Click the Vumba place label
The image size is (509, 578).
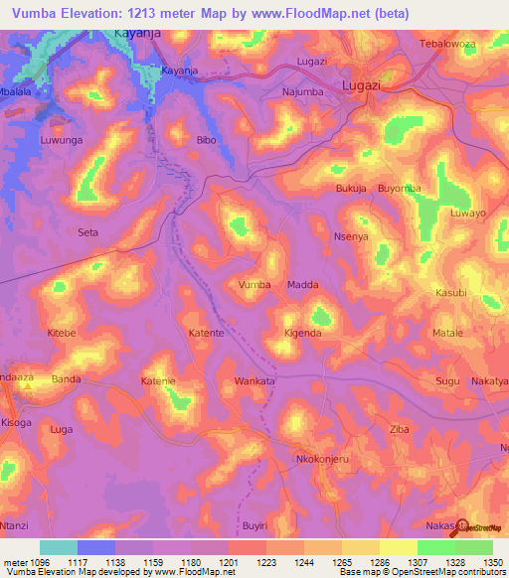[x=254, y=284]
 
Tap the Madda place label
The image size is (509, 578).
[x=302, y=284]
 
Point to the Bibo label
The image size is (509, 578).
[x=206, y=140]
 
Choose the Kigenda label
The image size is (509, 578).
[x=302, y=333]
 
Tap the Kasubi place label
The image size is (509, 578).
[x=451, y=293]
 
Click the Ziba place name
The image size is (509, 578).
[x=399, y=428]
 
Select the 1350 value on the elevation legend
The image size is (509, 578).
[x=493, y=561]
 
